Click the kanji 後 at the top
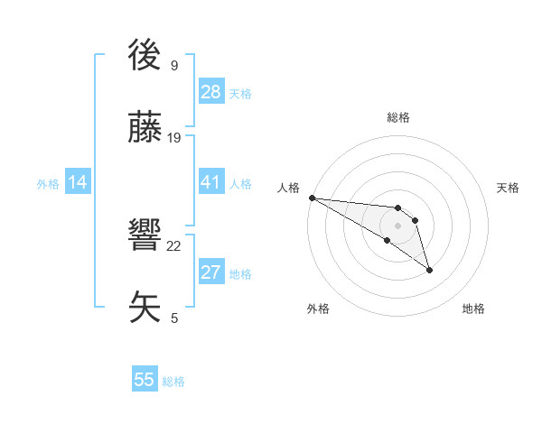tap(147, 57)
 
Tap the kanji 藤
tap(147, 130)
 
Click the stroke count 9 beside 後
tap(173, 65)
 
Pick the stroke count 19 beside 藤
tap(174, 138)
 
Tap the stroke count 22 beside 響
tap(174, 246)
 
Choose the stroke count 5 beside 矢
tap(173, 318)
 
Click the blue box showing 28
tap(210, 92)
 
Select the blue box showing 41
tap(210, 182)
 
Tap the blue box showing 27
tap(210, 272)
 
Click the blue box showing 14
tap(77, 182)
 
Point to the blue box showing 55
tap(145, 380)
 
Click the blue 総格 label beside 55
tap(173, 382)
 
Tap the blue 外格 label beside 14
tap(48, 184)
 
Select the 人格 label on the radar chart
tap(288, 188)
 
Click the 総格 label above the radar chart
tap(398, 117)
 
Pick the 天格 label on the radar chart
tap(509, 188)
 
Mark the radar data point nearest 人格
tap(312, 198)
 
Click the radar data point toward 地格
tap(429, 270)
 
